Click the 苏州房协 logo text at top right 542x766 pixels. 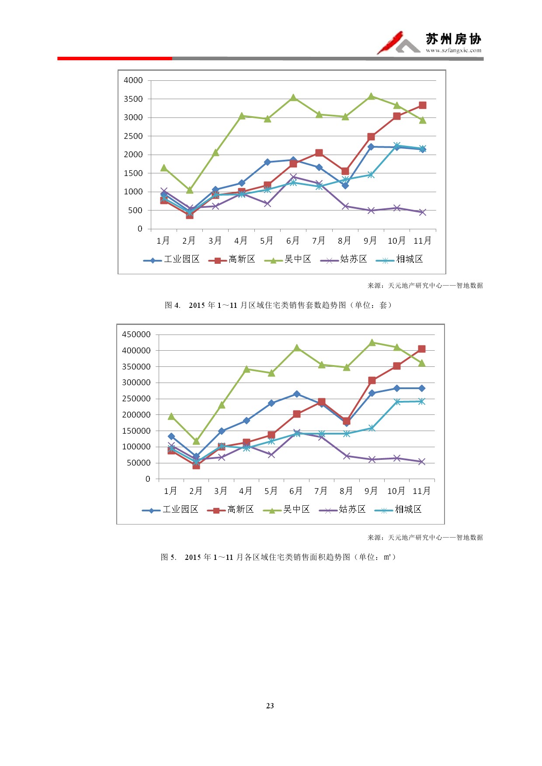click(x=453, y=39)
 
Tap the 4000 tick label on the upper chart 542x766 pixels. click(x=133, y=80)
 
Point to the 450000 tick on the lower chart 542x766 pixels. click(x=136, y=335)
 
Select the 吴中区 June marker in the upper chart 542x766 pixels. click(x=293, y=98)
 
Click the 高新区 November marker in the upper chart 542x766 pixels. click(x=422, y=105)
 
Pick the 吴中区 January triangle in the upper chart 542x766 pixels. click(x=164, y=168)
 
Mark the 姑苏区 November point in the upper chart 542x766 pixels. click(x=422, y=212)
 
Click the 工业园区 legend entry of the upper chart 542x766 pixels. click(x=171, y=259)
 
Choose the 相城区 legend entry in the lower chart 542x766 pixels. click(x=398, y=510)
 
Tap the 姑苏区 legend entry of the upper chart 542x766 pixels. click(x=344, y=259)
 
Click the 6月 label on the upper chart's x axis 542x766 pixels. click(x=293, y=241)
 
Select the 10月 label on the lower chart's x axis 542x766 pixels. click(x=396, y=491)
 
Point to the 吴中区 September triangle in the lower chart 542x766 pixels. click(x=372, y=343)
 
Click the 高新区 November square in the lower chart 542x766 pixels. click(x=421, y=349)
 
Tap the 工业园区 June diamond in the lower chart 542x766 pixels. click(x=297, y=394)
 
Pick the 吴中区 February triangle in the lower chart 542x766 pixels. click(x=196, y=442)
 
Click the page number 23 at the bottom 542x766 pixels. click(x=270, y=706)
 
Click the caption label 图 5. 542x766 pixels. click(x=168, y=557)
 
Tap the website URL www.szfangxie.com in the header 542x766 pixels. click(x=453, y=50)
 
